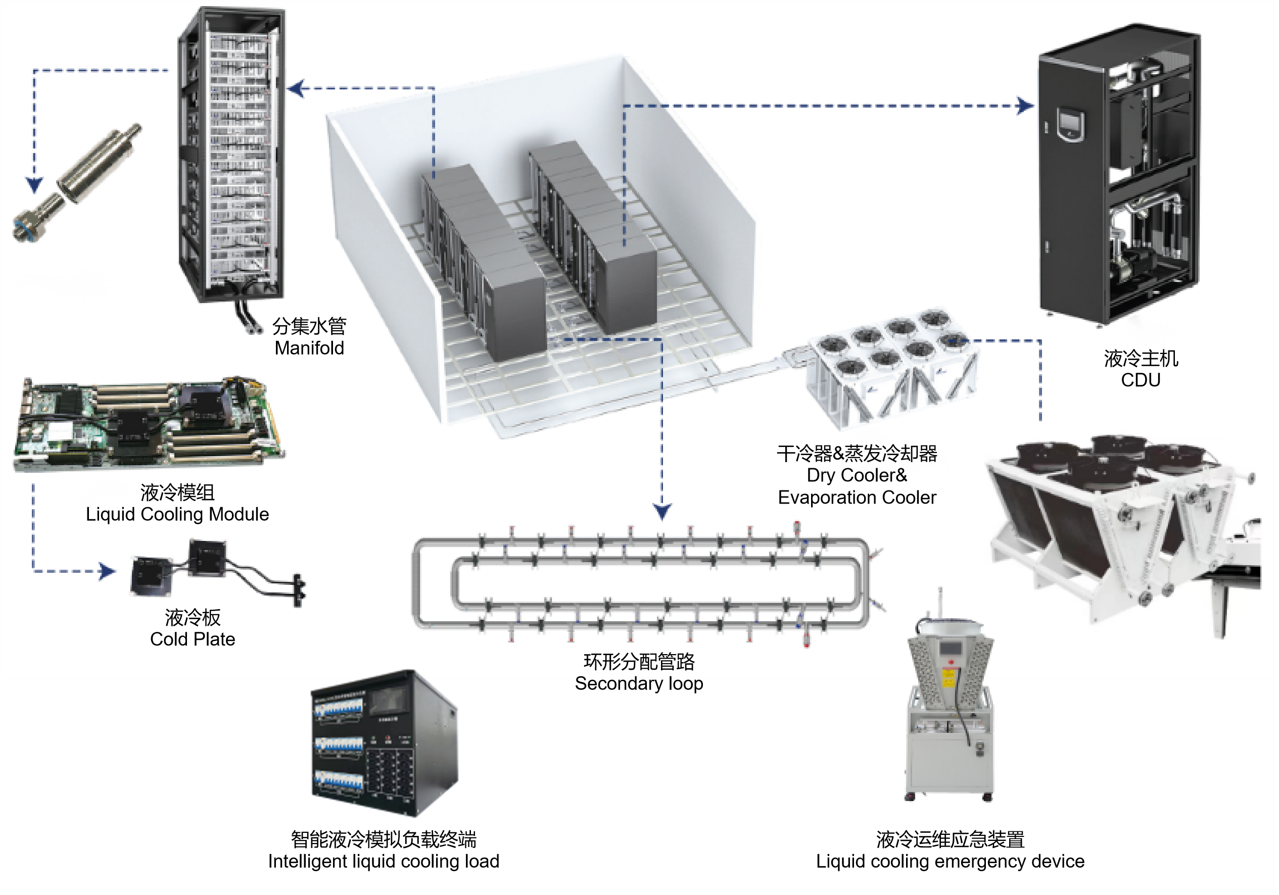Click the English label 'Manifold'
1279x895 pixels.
pos(309,348)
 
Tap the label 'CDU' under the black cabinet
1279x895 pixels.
pos(1141,380)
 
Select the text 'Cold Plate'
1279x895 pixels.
pos(192,639)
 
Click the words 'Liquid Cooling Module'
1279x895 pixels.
pos(177,514)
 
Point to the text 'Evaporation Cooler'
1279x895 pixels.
pos(857,498)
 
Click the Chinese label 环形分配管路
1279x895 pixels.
pos(639,662)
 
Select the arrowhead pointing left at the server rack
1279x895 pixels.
pos(296,88)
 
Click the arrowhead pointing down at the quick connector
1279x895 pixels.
pos(34,185)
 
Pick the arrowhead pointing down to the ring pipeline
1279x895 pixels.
pos(662,511)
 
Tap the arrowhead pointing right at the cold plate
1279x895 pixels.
pos(108,571)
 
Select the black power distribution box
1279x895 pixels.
pos(385,743)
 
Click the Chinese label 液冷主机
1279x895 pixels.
pos(1141,359)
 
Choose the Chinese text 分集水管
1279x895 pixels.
pos(309,326)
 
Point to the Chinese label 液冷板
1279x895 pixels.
pos(192,617)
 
